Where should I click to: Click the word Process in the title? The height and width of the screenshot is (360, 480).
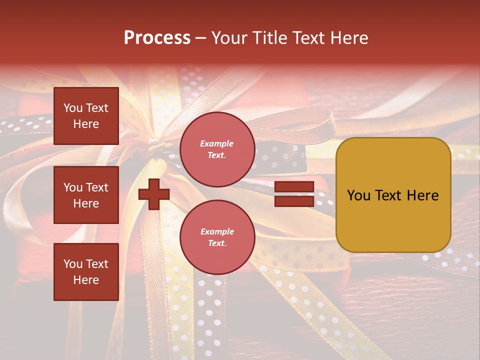(x=157, y=38)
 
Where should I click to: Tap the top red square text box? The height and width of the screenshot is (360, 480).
(x=86, y=116)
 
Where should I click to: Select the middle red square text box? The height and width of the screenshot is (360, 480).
(x=86, y=195)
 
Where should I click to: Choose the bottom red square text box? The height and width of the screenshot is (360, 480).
(x=86, y=271)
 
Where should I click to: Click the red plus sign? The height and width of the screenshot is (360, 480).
(x=154, y=194)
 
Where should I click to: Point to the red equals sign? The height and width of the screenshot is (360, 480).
(x=294, y=194)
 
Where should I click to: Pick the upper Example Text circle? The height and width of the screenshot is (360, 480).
(x=217, y=149)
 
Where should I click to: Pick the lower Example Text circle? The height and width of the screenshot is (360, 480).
(x=217, y=237)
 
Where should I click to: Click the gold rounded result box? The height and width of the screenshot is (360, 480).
(x=393, y=194)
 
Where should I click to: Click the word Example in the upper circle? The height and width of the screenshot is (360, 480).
(x=217, y=143)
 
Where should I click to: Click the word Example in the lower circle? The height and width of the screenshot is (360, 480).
(x=217, y=231)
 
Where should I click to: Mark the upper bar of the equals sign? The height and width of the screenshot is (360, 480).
(x=294, y=187)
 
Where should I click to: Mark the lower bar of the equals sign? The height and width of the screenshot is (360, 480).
(x=294, y=201)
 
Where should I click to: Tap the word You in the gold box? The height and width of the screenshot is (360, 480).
(x=359, y=195)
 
